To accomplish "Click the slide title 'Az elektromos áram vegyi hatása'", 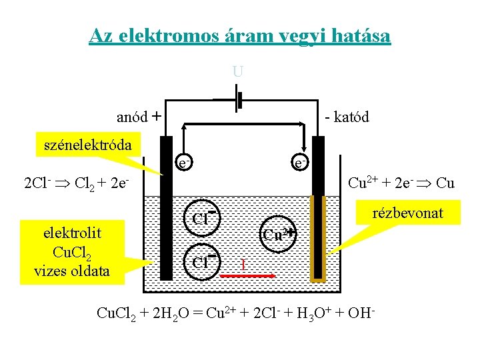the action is coord(240,35).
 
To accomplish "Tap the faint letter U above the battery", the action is coord(237,71).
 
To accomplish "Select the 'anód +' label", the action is coord(139,117).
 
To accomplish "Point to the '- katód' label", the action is coord(346,117).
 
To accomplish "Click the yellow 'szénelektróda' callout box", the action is coord(84,145).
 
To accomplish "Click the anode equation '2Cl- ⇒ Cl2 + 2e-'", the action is coord(75,183).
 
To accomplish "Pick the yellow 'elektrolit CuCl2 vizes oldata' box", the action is coord(73,252).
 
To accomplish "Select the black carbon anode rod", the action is coord(165,207).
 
